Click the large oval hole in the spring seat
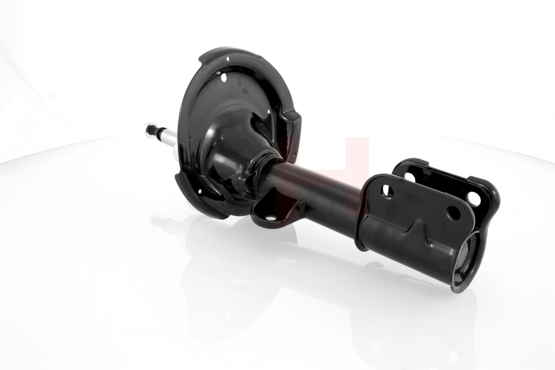pos(224,78)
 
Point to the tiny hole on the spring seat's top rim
pos(228,59)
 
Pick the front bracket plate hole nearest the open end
pos(453,213)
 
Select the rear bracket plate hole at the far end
pos(474,198)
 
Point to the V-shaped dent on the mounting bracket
pos(415,228)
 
